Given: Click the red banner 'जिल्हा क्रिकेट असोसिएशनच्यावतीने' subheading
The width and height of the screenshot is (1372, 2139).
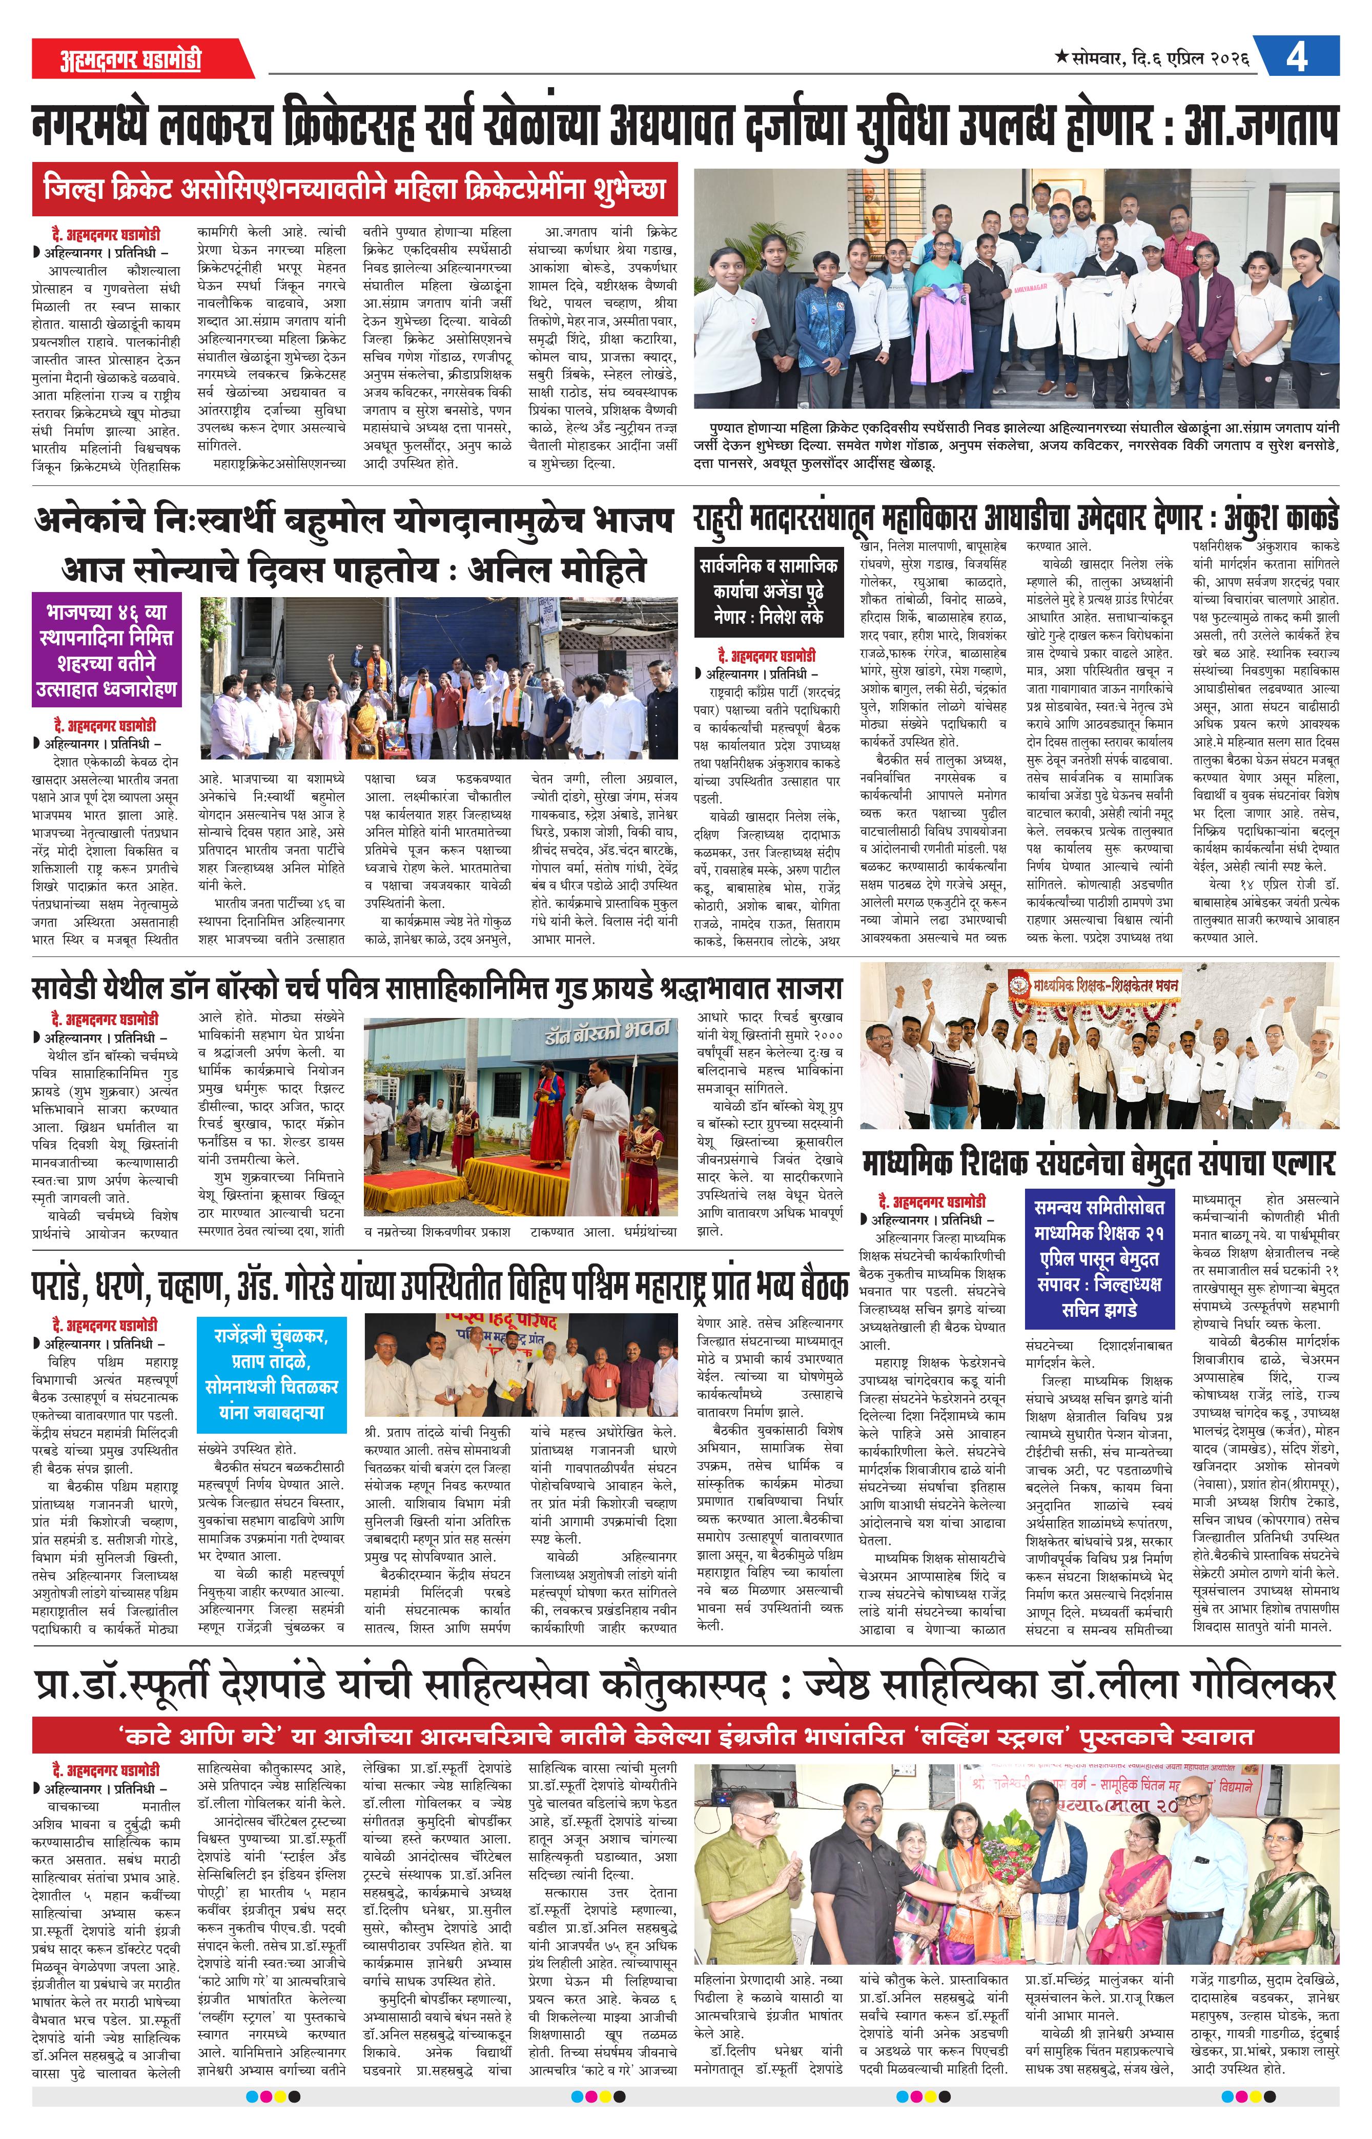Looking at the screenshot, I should [x=355, y=189].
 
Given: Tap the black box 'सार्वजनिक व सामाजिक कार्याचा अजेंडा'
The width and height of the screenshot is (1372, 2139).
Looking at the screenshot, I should [x=768, y=590].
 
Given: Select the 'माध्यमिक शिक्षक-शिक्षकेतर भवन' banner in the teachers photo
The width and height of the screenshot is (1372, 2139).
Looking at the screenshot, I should [x=1094, y=985].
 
